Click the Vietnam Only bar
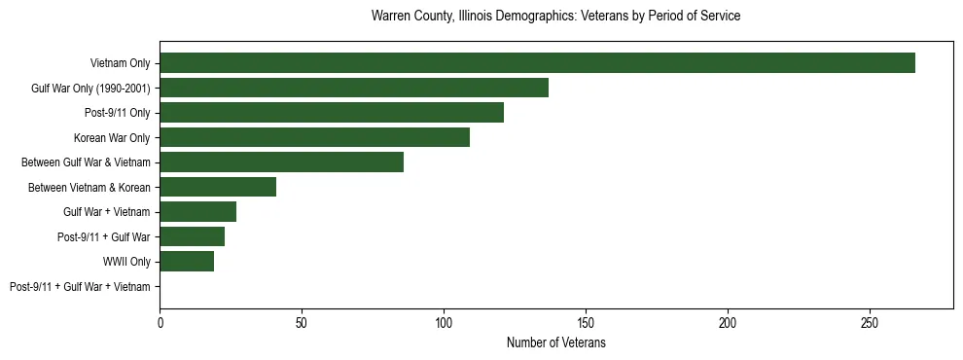pos(537,63)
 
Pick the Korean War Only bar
pos(314,137)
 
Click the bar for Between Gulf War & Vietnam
pos(281,162)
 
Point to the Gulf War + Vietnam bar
pos(197,212)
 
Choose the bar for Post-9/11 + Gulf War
pos(192,236)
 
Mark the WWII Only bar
pos(187,262)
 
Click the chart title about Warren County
pos(555,17)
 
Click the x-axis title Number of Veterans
pos(555,342)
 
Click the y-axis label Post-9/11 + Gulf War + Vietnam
pos(80,287)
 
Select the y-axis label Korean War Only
pos(112,137)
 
